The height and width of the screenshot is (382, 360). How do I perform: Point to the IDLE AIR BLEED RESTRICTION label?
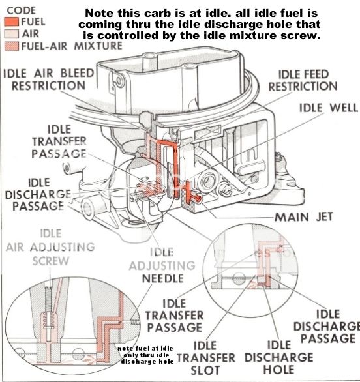coord(46,80)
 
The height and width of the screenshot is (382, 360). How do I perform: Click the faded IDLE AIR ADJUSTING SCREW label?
coord(50,248)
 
